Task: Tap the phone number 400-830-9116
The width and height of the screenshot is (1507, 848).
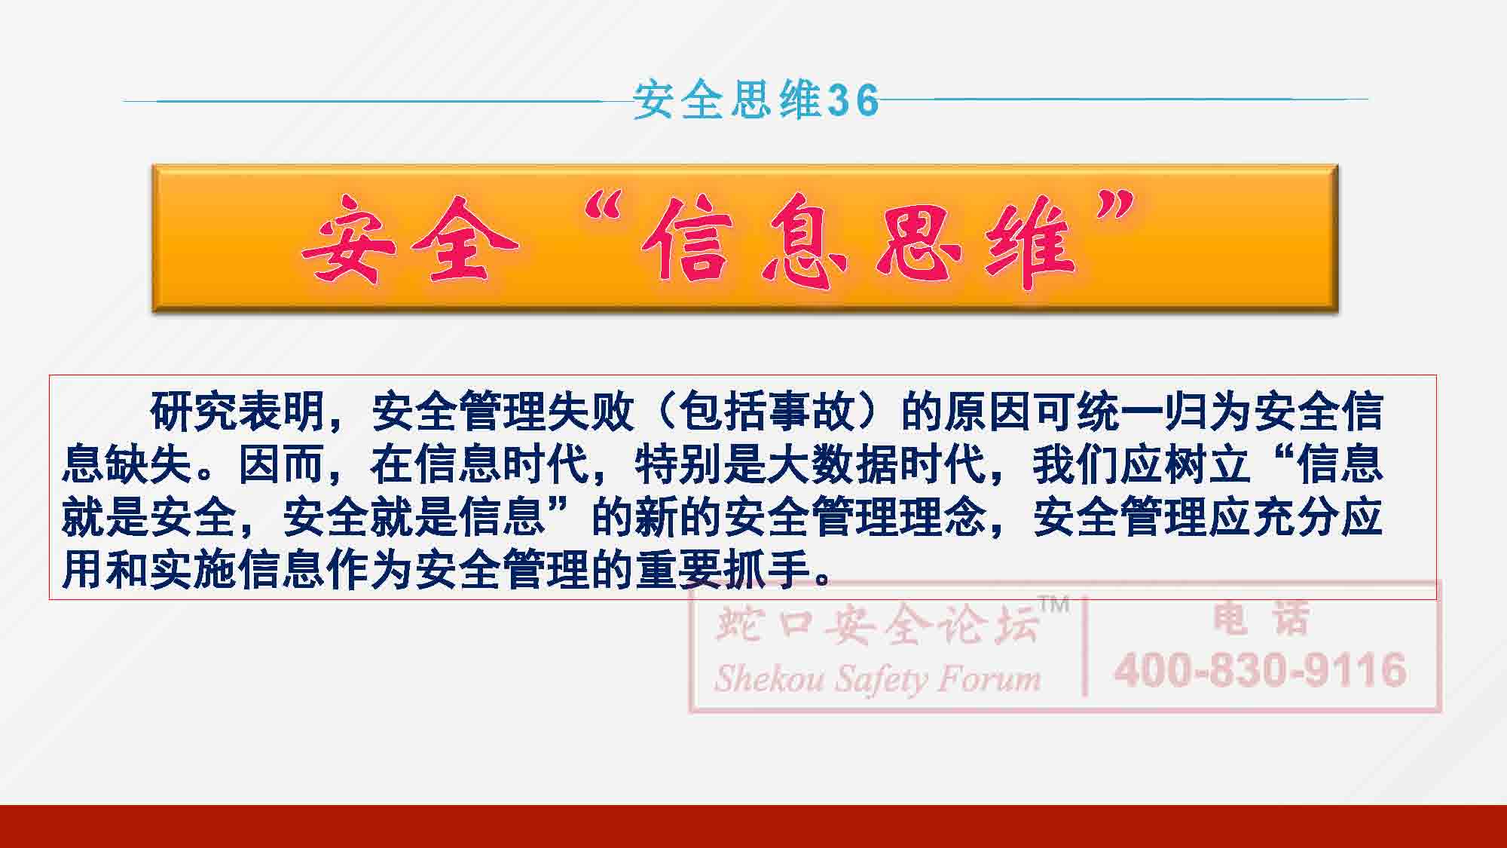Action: click(1261, 669)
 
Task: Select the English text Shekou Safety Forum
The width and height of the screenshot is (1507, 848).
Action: click(878, 678)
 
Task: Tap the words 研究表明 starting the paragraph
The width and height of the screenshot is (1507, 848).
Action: click(238, 412)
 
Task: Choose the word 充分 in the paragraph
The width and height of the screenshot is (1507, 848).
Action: click(1295, 517)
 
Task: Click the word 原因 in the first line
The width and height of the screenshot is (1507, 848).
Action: click(987, 412)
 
